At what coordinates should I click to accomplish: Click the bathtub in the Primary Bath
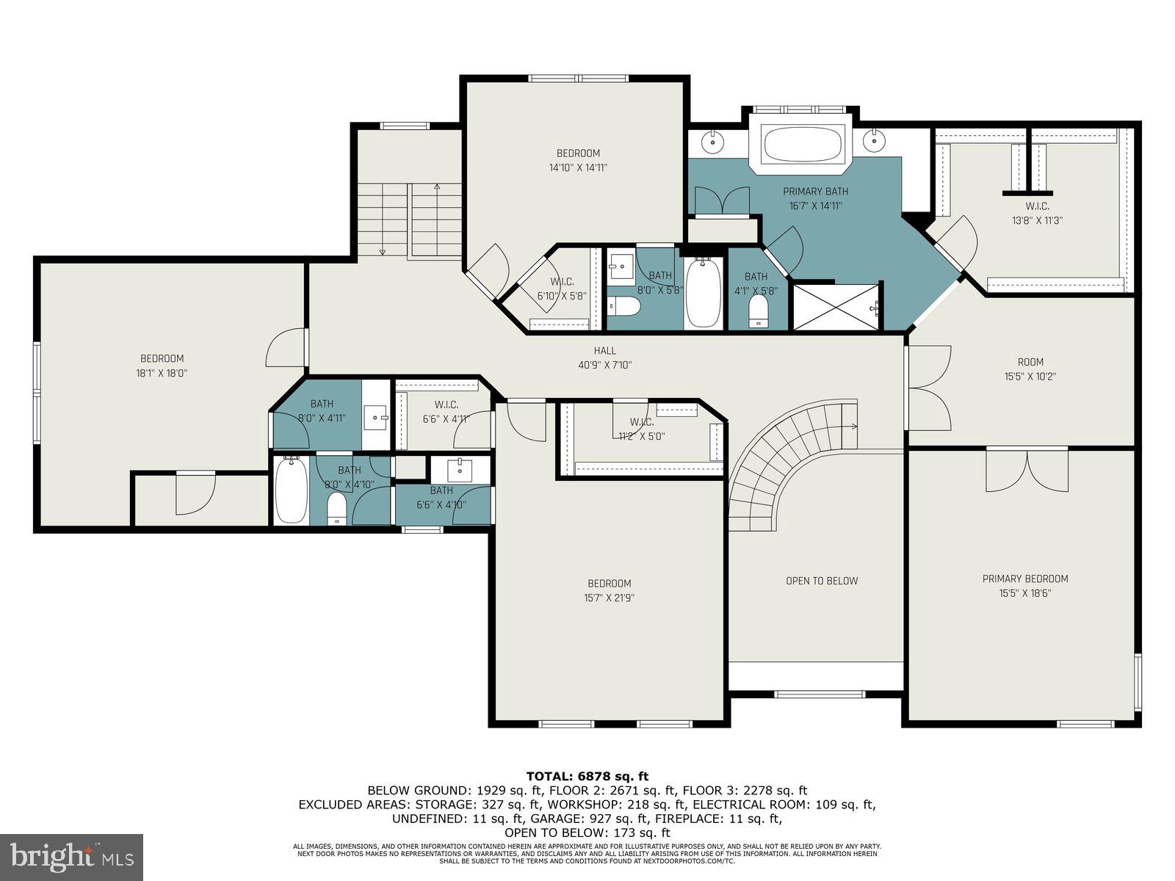[x=802, y=145]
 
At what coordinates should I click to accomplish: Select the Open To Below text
[x=822, y=581]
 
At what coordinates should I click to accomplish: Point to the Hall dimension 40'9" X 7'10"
[x=605, y=365]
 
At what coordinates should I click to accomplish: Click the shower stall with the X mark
[x=837, y=307]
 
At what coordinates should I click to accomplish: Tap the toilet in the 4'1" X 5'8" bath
[x=758, y=312]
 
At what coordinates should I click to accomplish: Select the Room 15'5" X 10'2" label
[x=1030, y=369]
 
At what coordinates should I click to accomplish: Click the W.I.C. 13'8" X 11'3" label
[x=1038, y=213]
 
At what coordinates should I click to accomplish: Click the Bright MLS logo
[x=71, y=857]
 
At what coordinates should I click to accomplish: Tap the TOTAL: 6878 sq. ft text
[x=587, y=776]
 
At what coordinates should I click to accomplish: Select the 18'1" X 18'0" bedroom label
[x=162, y=366]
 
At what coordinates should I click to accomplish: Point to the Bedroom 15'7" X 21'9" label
[x=609, y=590]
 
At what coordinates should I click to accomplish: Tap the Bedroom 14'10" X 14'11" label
[x=578, y=160]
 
